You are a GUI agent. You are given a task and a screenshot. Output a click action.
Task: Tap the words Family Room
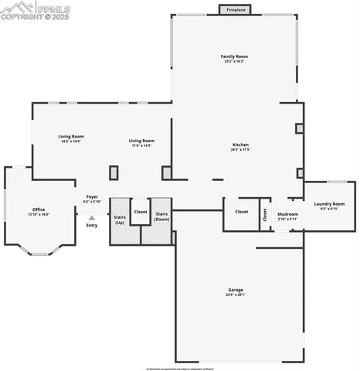[x=234, y=56]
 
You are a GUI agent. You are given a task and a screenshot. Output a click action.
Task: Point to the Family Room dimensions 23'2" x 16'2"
[x=234, y=61]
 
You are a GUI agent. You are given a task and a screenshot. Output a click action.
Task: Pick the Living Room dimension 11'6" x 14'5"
[x=141, y=145]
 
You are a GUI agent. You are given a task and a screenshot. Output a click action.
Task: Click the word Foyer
[x=92, y=197]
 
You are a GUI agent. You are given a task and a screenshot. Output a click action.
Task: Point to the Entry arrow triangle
[x=92, y=217]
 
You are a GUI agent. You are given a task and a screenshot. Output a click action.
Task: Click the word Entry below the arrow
[x=92, y=225]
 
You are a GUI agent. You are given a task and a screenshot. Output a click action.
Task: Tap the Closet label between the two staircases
[x=141, y=211]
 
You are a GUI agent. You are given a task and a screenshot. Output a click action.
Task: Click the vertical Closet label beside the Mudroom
[x=264, y=215]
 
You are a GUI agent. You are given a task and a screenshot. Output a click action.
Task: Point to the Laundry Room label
[x=329, y=204]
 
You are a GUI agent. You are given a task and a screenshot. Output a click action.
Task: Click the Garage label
[x=235, y=290]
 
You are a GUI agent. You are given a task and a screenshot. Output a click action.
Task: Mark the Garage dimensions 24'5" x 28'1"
[x=235, y=294]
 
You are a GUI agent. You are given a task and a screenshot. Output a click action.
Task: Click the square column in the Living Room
[x=114, y=172]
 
